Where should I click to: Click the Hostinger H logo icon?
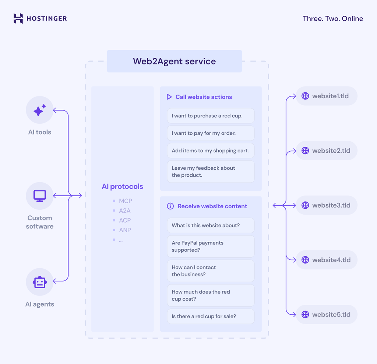[x=18, y=18]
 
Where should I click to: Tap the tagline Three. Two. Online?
[x=333, y=18]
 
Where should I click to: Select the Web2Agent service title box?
[x=174, y=61]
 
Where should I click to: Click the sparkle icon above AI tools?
[x=40, y=110]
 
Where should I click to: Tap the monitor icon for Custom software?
[x=40, y=196]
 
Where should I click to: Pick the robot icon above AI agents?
[x=40, y=282]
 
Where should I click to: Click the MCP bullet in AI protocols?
[x=125, y=201]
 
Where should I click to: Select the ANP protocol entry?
[x=125, y=230]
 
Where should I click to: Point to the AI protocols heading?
[x=122, y=187]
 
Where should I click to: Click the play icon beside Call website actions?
[x=169, y=97]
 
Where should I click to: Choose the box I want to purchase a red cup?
[x=211, y=116]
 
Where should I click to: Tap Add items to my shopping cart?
[x=211, y=151]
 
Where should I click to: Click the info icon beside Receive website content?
[x=170, y=206]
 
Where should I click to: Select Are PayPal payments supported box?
[x=211, y=246]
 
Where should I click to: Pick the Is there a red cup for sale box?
[x=211, y=316]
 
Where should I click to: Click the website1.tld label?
[x=330, y=96]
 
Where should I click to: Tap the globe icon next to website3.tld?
[x=305, y=205]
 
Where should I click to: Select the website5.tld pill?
[x=327, y=315]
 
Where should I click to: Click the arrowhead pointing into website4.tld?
[x=294, y=260]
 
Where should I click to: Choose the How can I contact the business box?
[x=211, y=271]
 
